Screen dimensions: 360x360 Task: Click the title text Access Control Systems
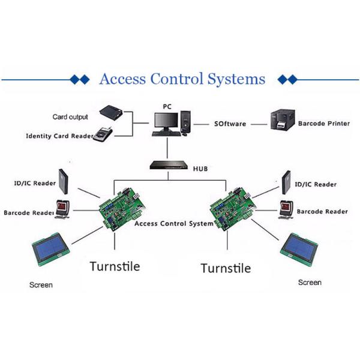pyautogui.click(x=181, y=79)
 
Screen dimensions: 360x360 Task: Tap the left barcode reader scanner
pyautogui.click(x=64, y=209)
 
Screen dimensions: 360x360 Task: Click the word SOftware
pyautogui.click(x=230, y=124)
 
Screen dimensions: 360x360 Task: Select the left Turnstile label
pyautogui.click(x=115, y=266)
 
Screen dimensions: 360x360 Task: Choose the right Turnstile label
pyautogui.click(x=226, y=268)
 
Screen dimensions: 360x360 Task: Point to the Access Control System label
pyautogui.click(x=174, y=224)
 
